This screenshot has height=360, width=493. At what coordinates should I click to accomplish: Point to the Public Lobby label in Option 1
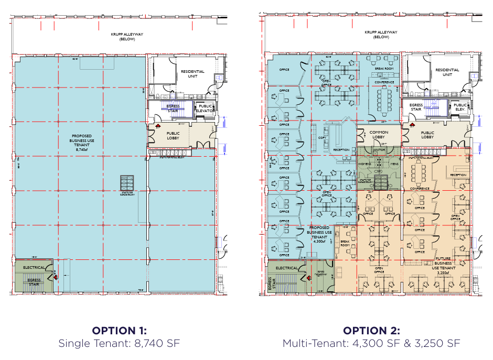tap(173, 136)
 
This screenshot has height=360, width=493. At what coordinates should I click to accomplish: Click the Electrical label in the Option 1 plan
tap(34, 267)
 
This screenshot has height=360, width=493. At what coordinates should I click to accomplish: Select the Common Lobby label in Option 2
tap(378, 135)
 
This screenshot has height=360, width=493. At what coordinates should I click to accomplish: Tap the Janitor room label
tap(379, 150)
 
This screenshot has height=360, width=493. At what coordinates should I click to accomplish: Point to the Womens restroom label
tap(365, 164)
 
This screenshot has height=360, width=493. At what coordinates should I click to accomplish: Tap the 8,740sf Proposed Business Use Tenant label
tap(81, 142)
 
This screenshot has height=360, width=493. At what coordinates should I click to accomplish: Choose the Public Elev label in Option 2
tap(460, 107)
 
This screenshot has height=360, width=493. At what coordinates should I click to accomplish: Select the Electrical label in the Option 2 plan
tap(286, 268)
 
